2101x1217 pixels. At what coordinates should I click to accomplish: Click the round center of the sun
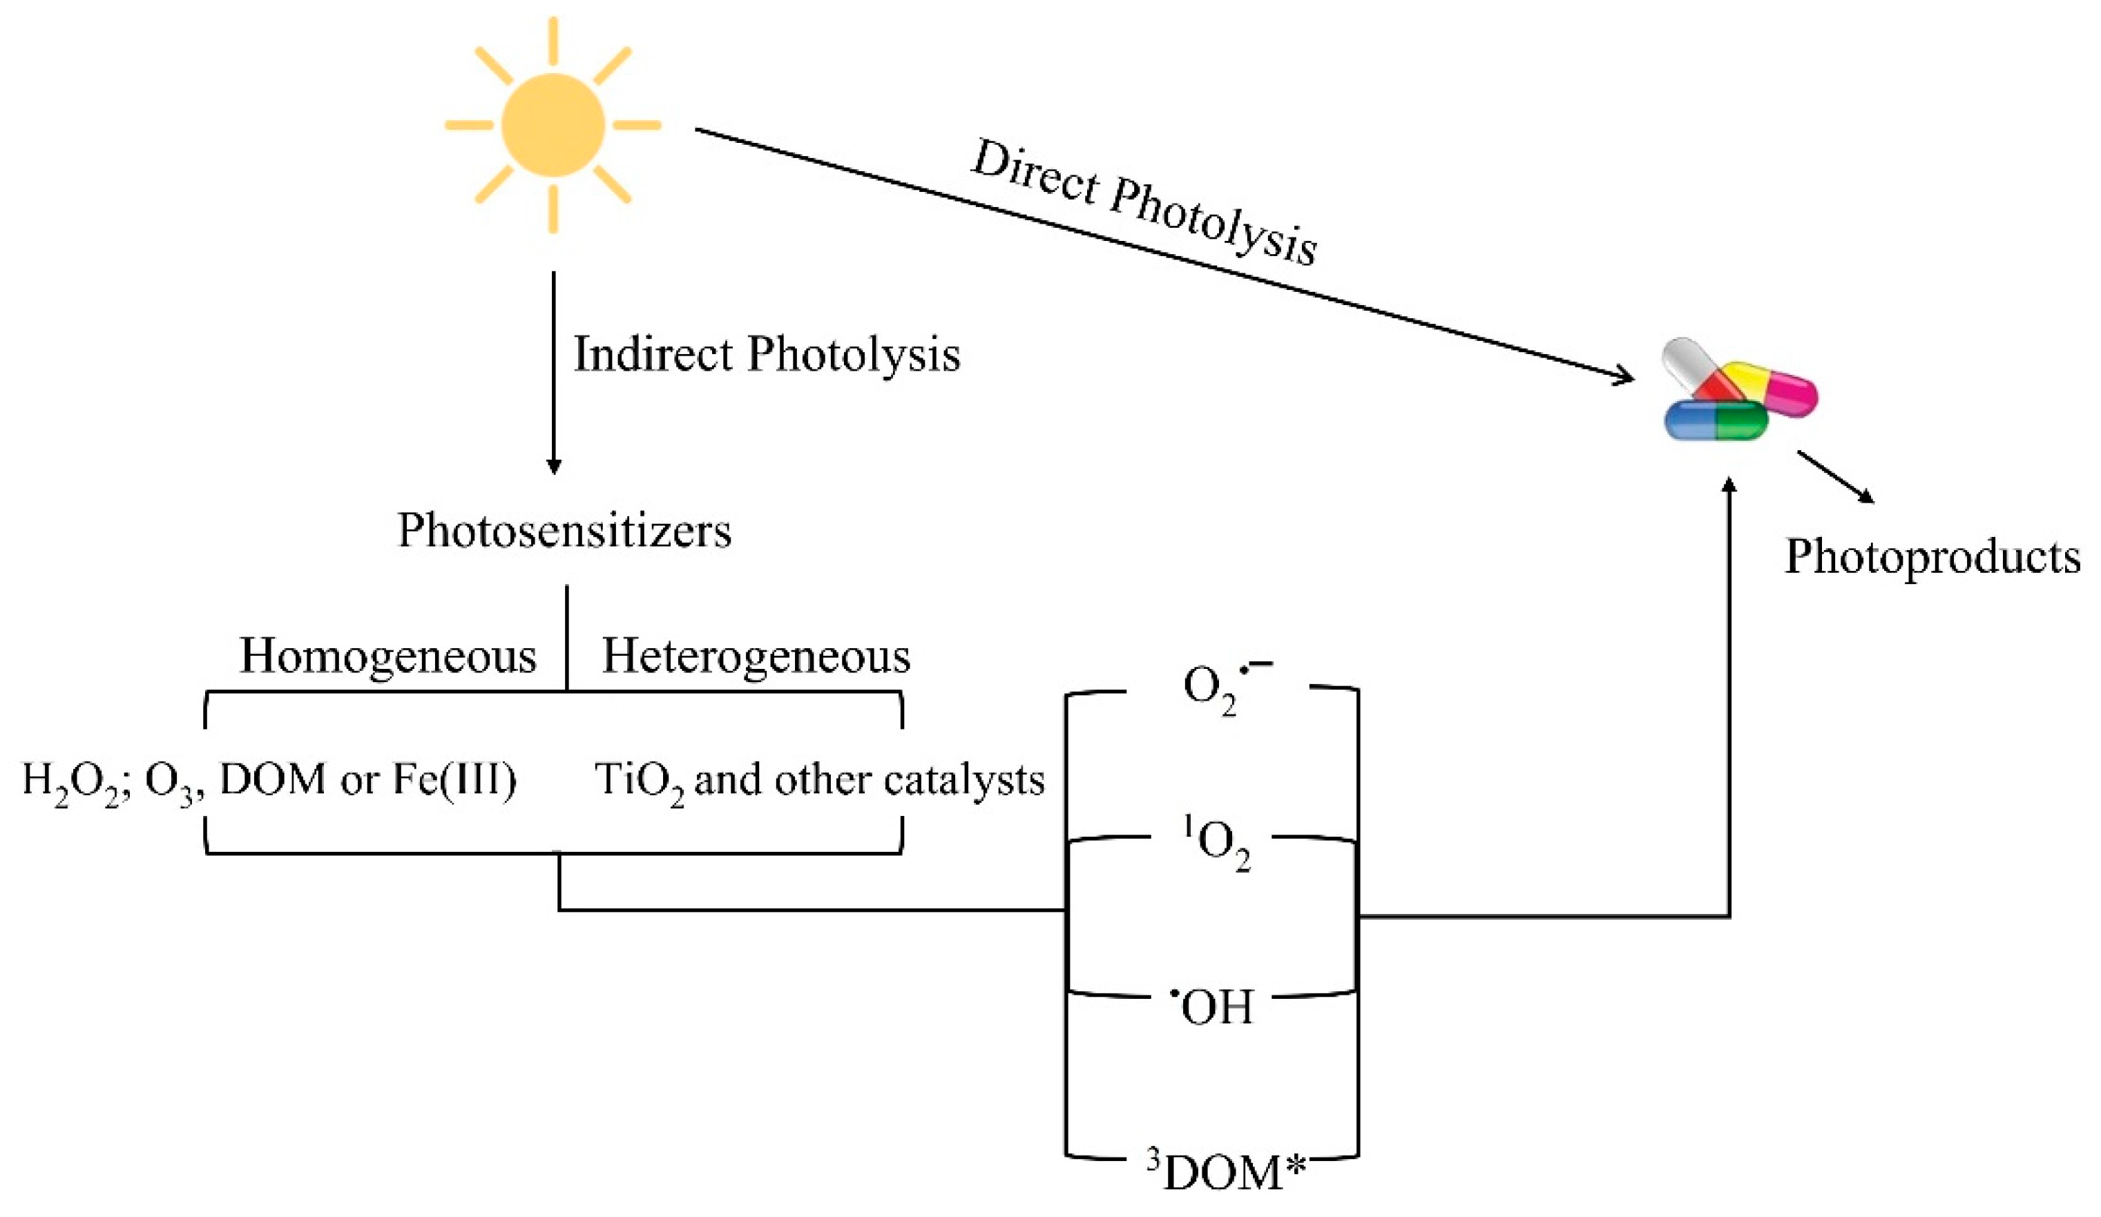point(553,125)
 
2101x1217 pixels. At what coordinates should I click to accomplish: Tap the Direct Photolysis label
point(1144,202)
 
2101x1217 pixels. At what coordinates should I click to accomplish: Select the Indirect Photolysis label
point(766,354)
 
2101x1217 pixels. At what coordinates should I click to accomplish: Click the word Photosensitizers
point(564,530)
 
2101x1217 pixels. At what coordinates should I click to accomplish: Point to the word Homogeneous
point(387,656)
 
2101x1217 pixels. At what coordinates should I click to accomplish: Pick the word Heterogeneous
point(756,656)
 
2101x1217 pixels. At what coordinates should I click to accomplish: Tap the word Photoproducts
point(1932,557)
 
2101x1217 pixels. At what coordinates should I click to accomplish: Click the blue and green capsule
point(1716,419)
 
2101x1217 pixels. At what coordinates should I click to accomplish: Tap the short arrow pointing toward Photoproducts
point(1834,478)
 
